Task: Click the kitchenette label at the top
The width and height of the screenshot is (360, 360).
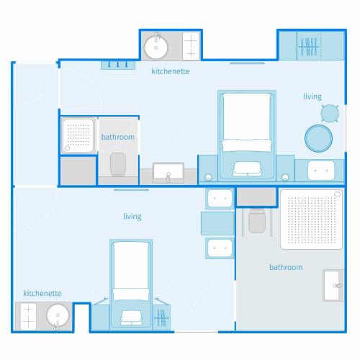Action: click(x=171, y=71)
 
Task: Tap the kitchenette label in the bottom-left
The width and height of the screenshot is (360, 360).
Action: click(x=42, y=293)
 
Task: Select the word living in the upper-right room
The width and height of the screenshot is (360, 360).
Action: click(x=312, y=96)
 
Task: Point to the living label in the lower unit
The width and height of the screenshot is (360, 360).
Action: click(x=132, y=217)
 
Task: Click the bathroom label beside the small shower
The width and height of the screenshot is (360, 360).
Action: click(x=117, y=137)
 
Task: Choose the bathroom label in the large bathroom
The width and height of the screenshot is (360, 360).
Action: click(x=286, y=267)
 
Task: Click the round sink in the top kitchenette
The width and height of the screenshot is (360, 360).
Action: click(x=156, y=47)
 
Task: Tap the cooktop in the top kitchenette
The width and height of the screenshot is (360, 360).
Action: click(x=191, y=45)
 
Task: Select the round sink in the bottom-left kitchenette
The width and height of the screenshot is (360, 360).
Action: click(x=58, y=316)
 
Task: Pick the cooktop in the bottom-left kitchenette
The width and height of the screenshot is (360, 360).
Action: click(x=28, y=317)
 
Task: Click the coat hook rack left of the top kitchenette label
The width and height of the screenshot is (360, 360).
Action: click(x=118, y=65)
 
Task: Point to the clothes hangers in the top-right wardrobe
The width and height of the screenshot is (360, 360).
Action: click(x=309, y=46)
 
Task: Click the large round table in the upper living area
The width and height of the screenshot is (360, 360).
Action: click(x=318, y=138)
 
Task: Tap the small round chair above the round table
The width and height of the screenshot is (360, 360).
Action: click(x=330, y=113)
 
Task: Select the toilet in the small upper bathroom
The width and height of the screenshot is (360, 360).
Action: click(x=118, y=164)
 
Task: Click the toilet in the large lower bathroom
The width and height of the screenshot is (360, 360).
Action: click(x=257, y=221)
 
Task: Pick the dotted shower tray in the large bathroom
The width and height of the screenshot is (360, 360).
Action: click(x=312, y=220)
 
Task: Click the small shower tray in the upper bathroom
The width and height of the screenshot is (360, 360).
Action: click(x=78, y=136)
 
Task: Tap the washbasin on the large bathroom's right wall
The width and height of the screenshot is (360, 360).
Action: click(x=333, y=285)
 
